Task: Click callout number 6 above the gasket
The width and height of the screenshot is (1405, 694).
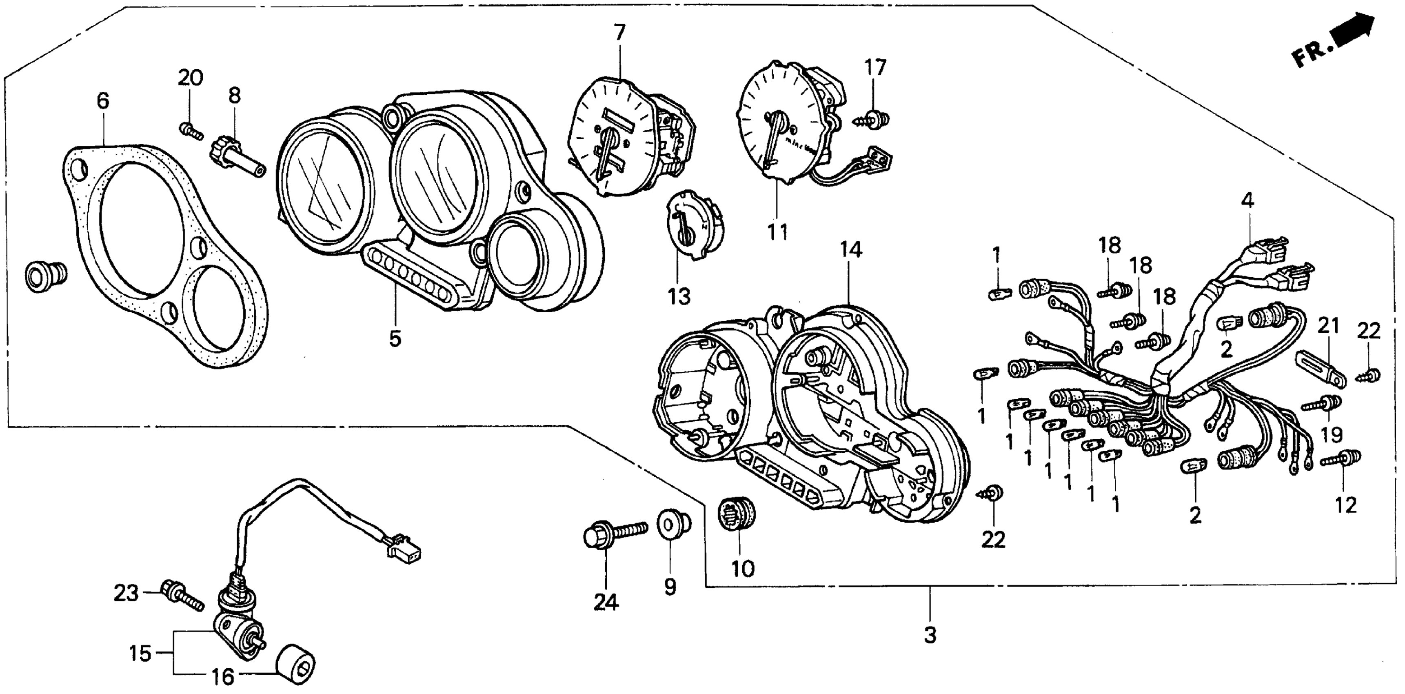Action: click(103, 101)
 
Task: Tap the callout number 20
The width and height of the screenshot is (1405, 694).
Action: click(190, 78)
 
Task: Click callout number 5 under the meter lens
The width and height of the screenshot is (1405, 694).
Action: click(395, 338)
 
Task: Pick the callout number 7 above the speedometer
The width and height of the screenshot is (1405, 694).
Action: click(619, 34)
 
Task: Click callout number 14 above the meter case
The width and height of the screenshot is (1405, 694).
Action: click(851, 250)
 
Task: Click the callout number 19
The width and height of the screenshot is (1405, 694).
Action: click(1332, 435)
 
